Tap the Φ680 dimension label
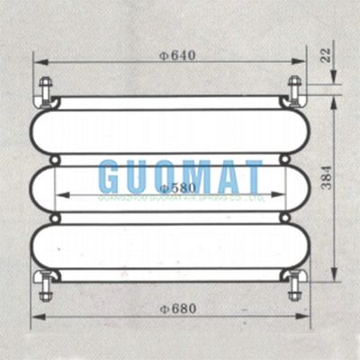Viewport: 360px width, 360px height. (177, 308)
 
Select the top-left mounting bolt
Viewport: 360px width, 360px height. (45, 91)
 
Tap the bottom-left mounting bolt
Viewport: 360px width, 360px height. (45, 286)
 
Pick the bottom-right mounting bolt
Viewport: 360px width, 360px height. (294, 286)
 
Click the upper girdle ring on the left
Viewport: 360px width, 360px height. (54, 159)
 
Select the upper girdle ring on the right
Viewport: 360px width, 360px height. (285, 159)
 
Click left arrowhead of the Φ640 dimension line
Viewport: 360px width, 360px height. (38, 62)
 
